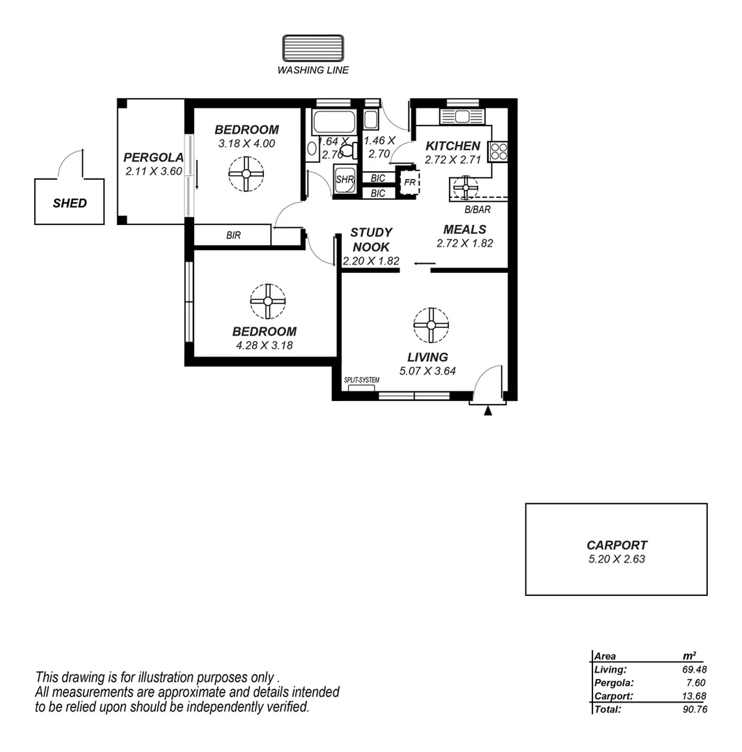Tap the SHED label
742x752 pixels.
click(x=70, y=203)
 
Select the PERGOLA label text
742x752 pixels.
click(x=153, y=157)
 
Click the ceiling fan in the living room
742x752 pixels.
click(x=431, y=325)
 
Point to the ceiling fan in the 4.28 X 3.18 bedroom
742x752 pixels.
click(x=268, y=301)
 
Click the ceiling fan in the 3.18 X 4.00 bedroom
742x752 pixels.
click(x=246, y=174)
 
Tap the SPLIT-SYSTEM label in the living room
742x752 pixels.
click(x=361, y=380)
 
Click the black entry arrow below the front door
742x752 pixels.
click(x=488, y=411)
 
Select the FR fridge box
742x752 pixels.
click(x=409, y=182)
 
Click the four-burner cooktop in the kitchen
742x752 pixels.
click(x=498, y=151)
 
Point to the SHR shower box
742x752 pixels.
click(x=345, y=179)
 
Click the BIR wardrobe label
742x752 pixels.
click(x=233, y=235)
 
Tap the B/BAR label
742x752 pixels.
click(x=477, y=208)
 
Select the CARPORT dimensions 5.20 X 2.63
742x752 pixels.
click(x=616, y=558)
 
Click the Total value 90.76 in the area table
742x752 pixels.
click(x=694, y=709)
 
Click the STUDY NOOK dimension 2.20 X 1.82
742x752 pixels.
click(x=371, y=261)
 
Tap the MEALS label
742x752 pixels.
click(x=464, y=229)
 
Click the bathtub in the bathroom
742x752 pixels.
click(x=334, y=123)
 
